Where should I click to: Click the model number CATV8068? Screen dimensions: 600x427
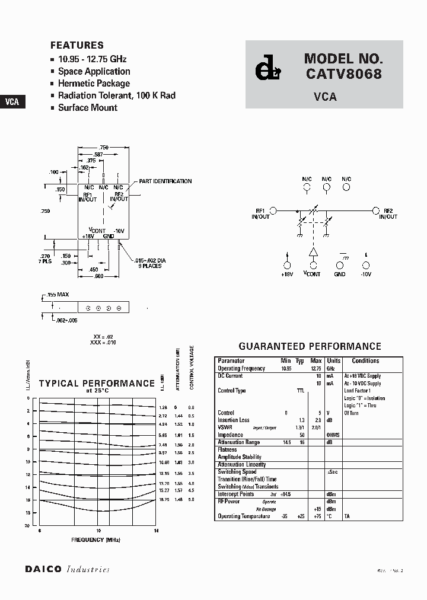[344, 75]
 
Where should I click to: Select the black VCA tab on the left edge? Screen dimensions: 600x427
[12, 101]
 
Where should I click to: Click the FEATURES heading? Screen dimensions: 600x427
[77, 45]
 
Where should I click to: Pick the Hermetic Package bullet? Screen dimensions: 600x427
[94, 84]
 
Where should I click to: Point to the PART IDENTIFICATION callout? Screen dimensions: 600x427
[165, 181]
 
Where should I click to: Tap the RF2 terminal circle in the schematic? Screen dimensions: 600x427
[375, 210]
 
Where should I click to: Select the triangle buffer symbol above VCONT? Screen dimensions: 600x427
[313, 253]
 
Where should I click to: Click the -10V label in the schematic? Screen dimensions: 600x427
[366, 275]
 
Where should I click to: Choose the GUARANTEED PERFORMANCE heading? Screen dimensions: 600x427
[310, 346]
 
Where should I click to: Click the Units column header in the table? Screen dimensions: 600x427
[334, 360]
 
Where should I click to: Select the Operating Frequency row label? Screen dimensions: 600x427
[242, 369]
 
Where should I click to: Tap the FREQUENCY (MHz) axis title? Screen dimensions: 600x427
[96, 540]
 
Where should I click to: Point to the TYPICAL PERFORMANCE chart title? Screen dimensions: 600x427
[97, 384]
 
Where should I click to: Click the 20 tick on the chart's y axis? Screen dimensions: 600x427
[27, 526]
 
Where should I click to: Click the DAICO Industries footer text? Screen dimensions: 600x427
[68, 569]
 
